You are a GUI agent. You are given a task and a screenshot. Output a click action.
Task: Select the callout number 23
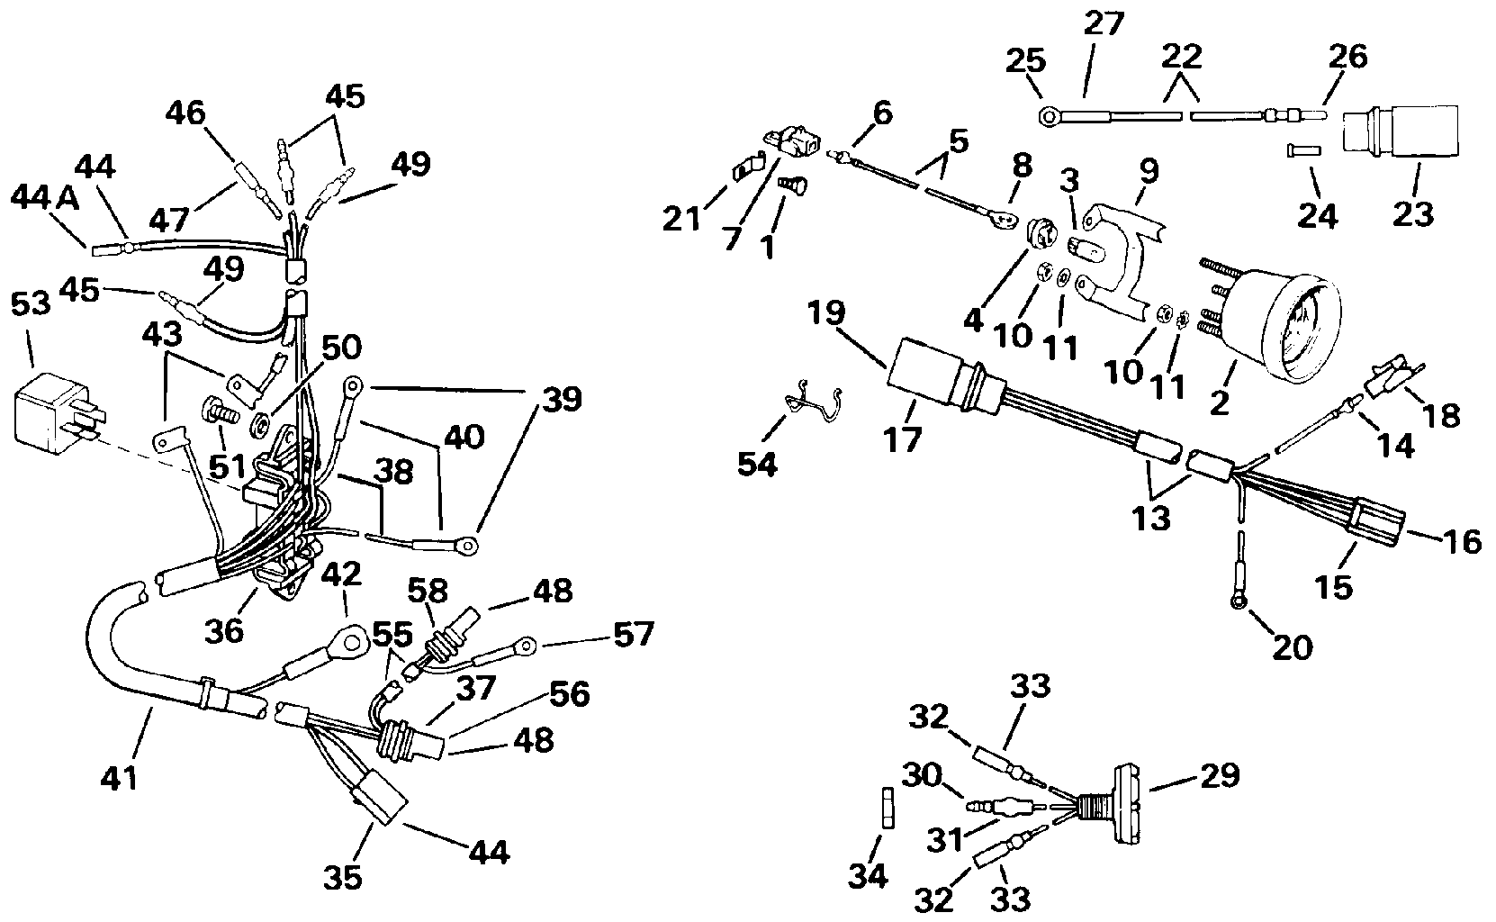1412,213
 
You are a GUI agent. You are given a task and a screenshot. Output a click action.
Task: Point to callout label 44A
45,198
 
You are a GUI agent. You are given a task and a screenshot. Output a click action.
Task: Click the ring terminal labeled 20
1239,602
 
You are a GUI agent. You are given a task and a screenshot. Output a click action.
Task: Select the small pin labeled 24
1303,150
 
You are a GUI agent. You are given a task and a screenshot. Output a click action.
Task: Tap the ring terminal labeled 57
527,646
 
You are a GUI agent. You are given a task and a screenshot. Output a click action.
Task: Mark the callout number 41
119,779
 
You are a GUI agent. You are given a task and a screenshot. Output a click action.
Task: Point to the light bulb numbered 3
1086,255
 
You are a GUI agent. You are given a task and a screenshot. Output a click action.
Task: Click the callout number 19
826,312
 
